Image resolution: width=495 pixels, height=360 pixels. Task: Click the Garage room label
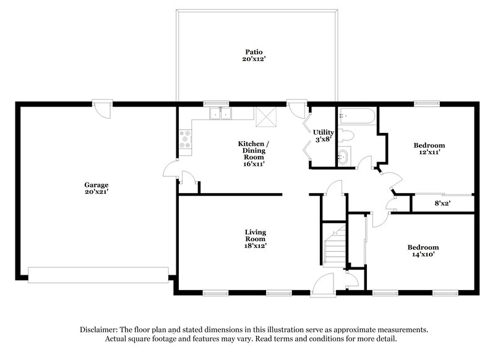[97, 184]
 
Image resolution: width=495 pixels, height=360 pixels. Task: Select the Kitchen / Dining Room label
[254, 150]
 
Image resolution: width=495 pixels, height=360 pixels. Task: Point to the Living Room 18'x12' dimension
[255, 246]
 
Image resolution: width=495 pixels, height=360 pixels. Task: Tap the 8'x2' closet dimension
[442, 202]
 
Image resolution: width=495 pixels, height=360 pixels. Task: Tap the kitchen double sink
[220, 113]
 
